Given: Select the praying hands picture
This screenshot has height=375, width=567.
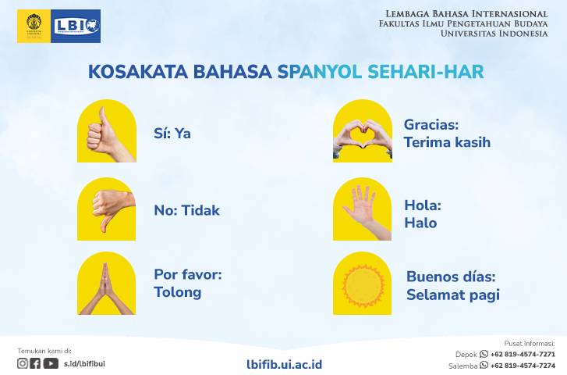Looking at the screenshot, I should tap(106, 286).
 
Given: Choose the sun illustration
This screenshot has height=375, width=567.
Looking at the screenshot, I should tap(362, 286).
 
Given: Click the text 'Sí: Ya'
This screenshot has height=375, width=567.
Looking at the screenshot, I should tap(172, 134).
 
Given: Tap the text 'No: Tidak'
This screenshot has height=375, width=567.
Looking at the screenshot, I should tap(186, 210).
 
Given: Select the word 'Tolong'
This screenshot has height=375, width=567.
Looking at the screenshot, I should tap(177, 293).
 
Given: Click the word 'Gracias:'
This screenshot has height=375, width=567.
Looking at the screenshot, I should tap(431, 125).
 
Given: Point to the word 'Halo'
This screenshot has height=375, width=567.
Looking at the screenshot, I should tap(420, 223).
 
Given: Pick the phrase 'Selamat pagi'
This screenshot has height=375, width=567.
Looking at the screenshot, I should tap(452, 295).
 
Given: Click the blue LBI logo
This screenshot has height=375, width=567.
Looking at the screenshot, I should tap(76, 26).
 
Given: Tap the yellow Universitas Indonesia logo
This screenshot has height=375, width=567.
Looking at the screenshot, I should tap(34, 26).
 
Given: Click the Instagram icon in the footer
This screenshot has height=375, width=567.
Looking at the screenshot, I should tap(23, 363).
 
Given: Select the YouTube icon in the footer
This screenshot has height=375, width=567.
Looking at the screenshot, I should tap(51, 363).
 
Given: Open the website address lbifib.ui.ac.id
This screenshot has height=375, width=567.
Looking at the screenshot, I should tap(284, 364).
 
